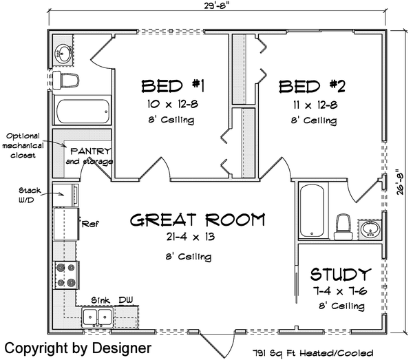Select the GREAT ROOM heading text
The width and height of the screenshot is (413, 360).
[x=198, y=220]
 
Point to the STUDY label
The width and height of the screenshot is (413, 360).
[x=341, y=273]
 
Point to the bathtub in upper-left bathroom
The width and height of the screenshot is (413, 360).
[x=82, y=110]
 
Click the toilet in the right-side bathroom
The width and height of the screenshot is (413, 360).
[x=342, y=224]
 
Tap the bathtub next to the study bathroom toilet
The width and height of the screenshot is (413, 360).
[x=310, y=210]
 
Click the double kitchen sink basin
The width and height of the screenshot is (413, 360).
[x=97, y=317]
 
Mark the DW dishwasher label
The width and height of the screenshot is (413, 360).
[x=126, y=300]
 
